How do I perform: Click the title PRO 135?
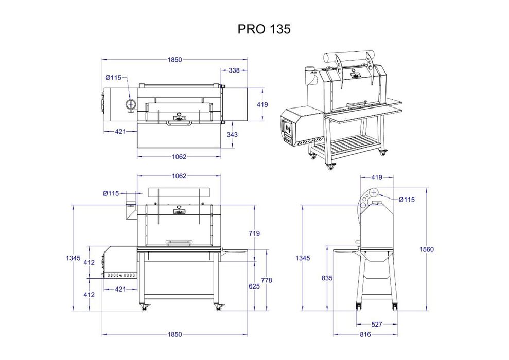point(264,29)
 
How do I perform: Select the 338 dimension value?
point(234,70)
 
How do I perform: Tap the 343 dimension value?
point(233,134)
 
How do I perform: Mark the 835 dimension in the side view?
point(326,278)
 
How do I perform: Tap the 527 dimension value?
point(377,325)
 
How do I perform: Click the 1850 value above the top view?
point(174,60)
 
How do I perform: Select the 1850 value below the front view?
point(174,334)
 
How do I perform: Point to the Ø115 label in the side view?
point(407,200)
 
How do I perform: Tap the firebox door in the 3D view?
point(286,132)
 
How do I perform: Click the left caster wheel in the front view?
point(144,308)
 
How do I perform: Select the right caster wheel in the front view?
point(218,308)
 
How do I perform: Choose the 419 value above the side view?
point(378,178)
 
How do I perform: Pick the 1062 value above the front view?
point(179,176)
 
